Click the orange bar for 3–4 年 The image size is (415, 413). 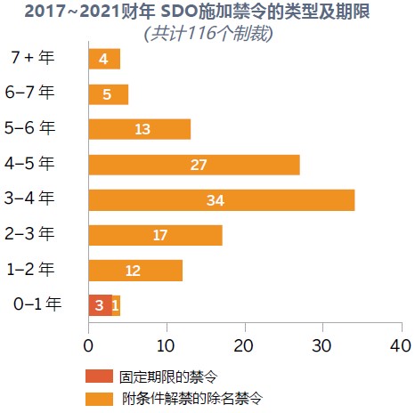point(222,200)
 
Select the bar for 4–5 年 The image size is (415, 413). point(194,165)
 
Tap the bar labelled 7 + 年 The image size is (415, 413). point(104,59)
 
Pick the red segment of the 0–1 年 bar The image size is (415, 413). point(101,305)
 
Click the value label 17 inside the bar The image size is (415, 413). point(160,235)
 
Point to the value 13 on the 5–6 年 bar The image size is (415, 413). point(142,129)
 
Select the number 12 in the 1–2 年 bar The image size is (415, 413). point(133,271)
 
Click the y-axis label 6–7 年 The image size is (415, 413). point(29,92)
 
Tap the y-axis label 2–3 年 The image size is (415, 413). point(29,233)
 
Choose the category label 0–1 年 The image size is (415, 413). point(37,304)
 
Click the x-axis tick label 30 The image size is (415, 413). point(321,346)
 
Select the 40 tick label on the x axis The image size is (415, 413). point(401,346)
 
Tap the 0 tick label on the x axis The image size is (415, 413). point(88,346)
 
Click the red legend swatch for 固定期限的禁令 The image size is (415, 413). point(99,376)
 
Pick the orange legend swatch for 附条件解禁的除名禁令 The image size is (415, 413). point(99,399)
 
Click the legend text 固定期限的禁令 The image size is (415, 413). point(168,377)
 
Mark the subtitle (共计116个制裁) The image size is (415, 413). point(208,33)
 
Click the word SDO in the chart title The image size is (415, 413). point(178,12)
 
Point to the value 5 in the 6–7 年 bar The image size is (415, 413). point(107,94)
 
